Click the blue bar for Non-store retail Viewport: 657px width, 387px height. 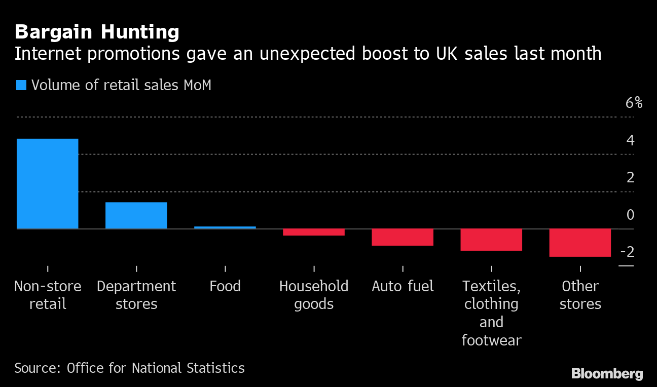coord(48,183)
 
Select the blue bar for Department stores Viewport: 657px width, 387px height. coord(136,215)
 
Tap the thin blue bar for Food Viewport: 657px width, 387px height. coord(225,227)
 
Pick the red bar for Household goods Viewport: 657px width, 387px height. coord(314,232)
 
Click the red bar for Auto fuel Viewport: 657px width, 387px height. coord(403,237)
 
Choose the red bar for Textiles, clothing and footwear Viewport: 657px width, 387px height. coord(491,240)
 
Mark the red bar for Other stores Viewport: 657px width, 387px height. coord(580,243)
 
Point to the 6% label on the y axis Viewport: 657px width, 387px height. coord(634,103)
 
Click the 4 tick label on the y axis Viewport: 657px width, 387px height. coord(630,140)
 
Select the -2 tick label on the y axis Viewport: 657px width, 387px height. coord(627,252)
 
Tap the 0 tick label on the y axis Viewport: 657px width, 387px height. coord(630,215)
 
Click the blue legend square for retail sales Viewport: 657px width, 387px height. coord(21,85)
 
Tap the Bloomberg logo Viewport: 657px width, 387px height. coord(607,374)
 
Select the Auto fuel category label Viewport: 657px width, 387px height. coord(403,286)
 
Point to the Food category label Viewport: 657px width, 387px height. coord(225,286)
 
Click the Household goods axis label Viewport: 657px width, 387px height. coord(314,295)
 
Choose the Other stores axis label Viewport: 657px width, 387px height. coord(580,295)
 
